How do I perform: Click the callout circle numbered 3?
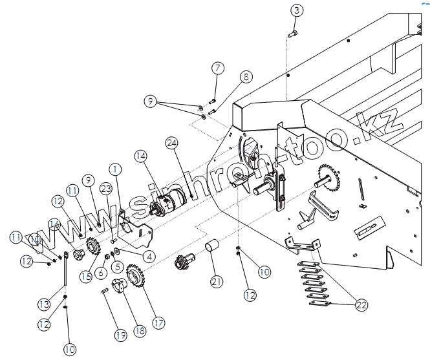coord(297,10)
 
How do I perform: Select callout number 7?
coord(217,68)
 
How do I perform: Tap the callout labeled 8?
coord(245,77)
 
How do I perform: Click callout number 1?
coord(114,169)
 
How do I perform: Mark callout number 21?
coord(217,281)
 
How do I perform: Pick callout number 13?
coord(44,304)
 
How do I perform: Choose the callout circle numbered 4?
coord(149,256)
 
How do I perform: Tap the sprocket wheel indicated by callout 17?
coord(136,278)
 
